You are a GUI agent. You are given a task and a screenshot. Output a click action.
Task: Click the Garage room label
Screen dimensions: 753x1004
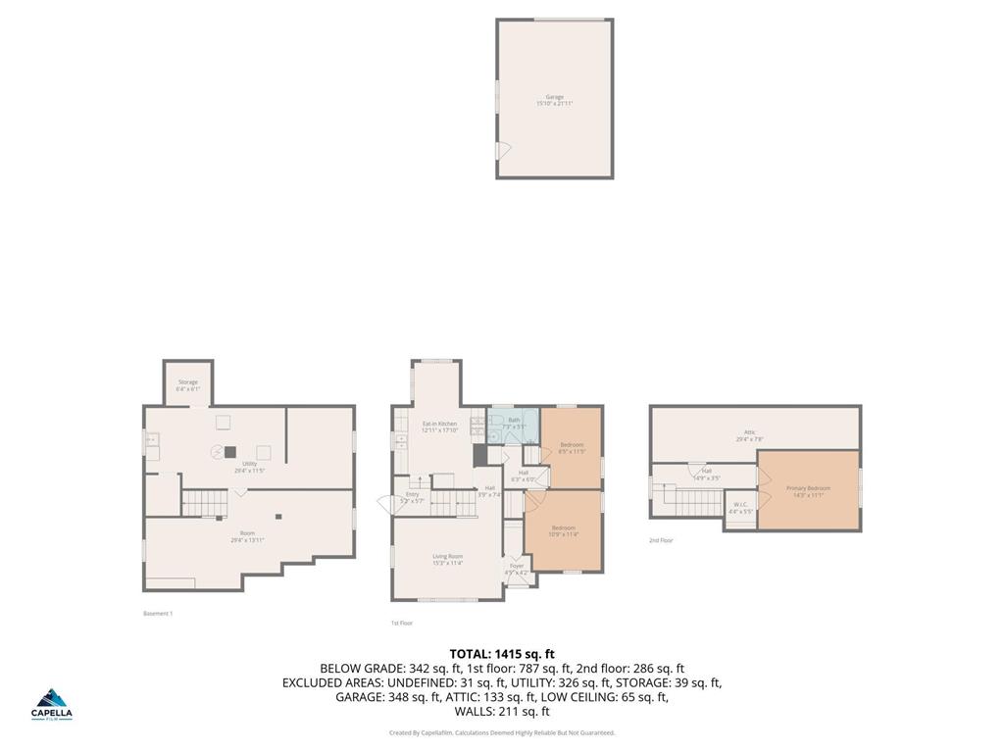554,99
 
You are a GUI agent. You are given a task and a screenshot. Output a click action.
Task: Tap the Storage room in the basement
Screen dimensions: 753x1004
187,384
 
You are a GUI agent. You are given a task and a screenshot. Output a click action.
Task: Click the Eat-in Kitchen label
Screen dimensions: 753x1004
439,427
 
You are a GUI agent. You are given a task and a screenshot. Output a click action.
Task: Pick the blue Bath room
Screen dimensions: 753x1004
514,424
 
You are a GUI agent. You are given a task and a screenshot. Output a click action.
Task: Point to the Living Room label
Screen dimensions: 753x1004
447,559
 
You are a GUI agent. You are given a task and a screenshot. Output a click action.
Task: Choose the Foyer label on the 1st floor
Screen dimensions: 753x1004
517,568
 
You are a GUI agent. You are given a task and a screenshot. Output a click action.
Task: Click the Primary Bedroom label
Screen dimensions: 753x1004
808,490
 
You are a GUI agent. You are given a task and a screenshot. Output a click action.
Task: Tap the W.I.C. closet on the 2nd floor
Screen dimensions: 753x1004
740,509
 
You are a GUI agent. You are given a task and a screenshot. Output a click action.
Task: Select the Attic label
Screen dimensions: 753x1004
749,434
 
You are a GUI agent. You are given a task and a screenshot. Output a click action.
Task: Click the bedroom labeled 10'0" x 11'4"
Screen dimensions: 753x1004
563,531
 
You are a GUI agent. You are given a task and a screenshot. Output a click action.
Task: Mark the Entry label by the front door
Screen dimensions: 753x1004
412,497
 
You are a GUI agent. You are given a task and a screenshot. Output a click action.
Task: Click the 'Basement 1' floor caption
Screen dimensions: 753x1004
158,614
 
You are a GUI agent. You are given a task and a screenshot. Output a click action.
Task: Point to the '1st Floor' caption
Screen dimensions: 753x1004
402,624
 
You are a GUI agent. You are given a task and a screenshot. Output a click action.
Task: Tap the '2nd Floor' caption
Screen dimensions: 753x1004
661,540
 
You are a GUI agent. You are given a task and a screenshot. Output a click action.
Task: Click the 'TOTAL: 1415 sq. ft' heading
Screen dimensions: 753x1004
502,654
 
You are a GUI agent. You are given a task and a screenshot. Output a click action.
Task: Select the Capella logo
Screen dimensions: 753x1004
53,703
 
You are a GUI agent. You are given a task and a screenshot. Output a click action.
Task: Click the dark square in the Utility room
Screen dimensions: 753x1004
230,452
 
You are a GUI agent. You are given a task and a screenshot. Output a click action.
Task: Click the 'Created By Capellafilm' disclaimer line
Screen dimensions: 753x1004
502,732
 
